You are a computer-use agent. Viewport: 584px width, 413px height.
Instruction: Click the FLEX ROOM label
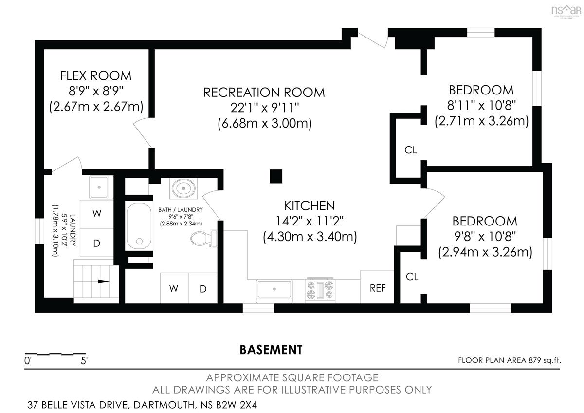coord(96,75)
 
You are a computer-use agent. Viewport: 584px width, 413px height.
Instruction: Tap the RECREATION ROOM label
coord(264,93)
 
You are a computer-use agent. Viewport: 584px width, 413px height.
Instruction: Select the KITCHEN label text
coord(310,206)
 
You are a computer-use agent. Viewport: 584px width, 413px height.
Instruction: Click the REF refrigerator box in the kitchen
coord(377,287)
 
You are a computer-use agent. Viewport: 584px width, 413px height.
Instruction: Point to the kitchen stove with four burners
coord(320,290)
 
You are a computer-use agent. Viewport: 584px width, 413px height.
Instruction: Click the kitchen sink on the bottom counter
coord(274,289)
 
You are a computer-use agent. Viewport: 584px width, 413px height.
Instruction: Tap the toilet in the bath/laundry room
coord(203,239)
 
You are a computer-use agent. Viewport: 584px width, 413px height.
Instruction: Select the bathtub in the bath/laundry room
coord(139,226)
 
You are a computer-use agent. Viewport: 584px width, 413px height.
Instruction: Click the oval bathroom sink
coord(183,188)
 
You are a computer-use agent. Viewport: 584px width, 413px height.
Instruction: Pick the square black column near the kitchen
coord(276,176)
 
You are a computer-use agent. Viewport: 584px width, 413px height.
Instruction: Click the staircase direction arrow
coord(104,281)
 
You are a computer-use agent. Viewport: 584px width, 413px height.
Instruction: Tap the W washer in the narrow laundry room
coord(97,214)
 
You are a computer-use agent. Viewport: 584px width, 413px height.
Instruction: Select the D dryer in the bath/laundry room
coord(203,288)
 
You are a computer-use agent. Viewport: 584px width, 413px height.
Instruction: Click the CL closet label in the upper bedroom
coord(411,150)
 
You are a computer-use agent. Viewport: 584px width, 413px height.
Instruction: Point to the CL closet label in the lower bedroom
coord(412,277)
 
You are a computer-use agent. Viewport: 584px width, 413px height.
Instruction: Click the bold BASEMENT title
coord(271,350)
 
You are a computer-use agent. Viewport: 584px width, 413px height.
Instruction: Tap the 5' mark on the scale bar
coord(84,361)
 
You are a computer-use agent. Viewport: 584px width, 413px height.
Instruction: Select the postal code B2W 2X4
coord(237,405)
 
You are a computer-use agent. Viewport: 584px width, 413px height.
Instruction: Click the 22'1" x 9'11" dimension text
coord(264,108)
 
